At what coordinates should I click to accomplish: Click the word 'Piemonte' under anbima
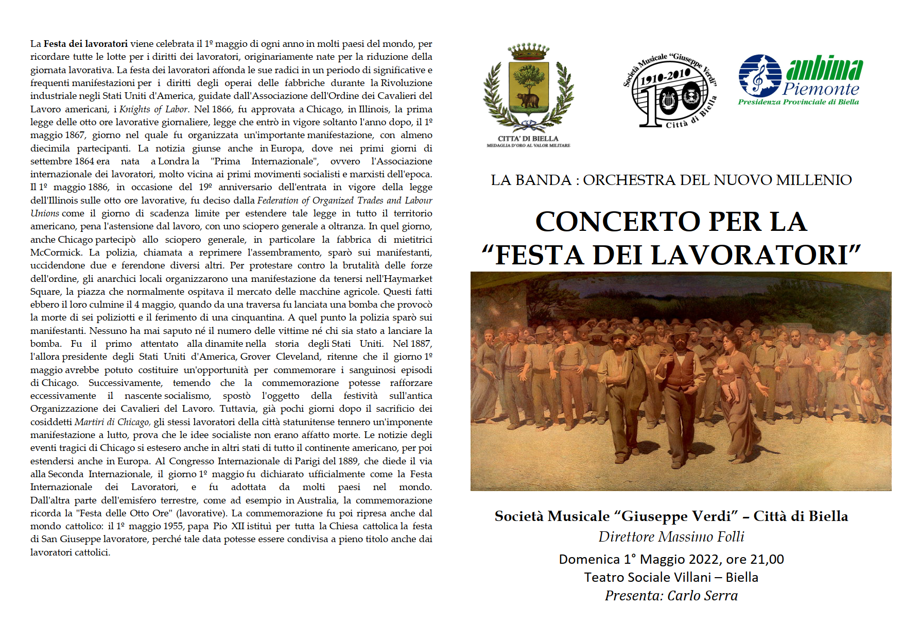821,89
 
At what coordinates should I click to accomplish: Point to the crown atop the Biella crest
528,51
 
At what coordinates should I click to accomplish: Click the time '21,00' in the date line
767,560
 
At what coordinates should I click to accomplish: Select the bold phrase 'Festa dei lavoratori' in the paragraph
85,44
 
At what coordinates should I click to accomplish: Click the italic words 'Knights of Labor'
153,109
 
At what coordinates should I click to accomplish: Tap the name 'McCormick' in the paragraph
56,253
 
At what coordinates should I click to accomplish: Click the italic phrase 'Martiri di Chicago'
112,422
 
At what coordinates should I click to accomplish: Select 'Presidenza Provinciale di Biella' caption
798,102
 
